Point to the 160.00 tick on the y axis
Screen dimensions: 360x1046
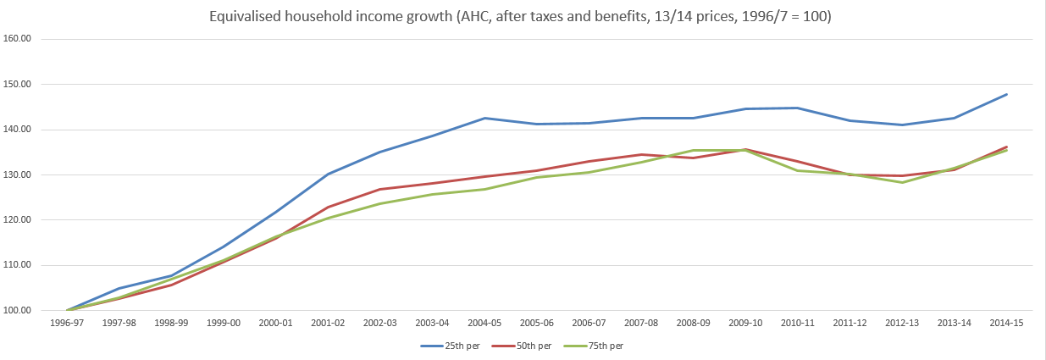(19, 39)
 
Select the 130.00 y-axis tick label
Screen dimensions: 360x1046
(19, 174)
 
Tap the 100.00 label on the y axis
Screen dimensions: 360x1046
(19, 310)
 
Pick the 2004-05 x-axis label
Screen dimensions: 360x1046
(484, 324)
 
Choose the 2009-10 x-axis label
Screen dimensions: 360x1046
(745, 324)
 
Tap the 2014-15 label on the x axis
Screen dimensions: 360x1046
(1006, 324)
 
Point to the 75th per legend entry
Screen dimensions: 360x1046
(595, 346)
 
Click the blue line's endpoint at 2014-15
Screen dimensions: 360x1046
(1006, 94)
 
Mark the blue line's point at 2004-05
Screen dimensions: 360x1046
(484, 118)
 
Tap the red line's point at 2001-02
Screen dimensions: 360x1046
(328, 207)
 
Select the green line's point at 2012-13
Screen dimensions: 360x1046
(902, 182)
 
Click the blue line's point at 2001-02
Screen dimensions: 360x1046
(328, 174)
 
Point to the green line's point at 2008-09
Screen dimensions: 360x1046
(693, 150)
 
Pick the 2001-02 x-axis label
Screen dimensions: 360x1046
(328, 324)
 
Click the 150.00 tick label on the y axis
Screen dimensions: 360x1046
(19, 84)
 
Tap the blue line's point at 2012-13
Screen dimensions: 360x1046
(902, 125)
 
